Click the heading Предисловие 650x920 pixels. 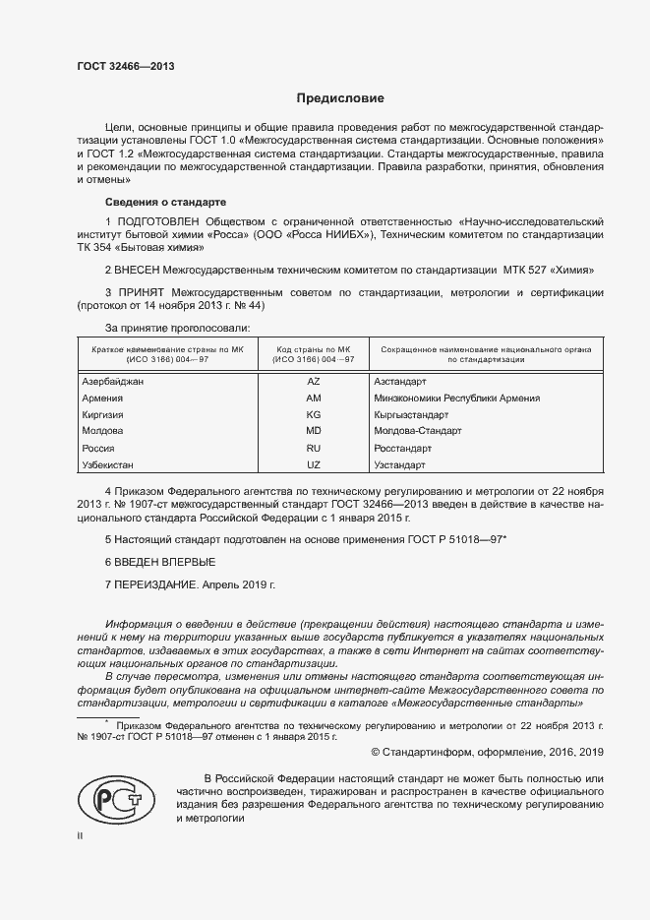point(340,98)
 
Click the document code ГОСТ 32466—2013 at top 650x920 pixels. point(126,66)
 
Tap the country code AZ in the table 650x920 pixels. point(314,380)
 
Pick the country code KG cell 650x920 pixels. point(314,413)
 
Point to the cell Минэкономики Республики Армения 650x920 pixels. point(457,397)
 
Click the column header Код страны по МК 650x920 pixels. point(314,349)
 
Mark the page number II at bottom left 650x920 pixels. point(81,836)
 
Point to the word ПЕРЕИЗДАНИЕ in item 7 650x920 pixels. point(157,584)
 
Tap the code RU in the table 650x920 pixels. point(314,447)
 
